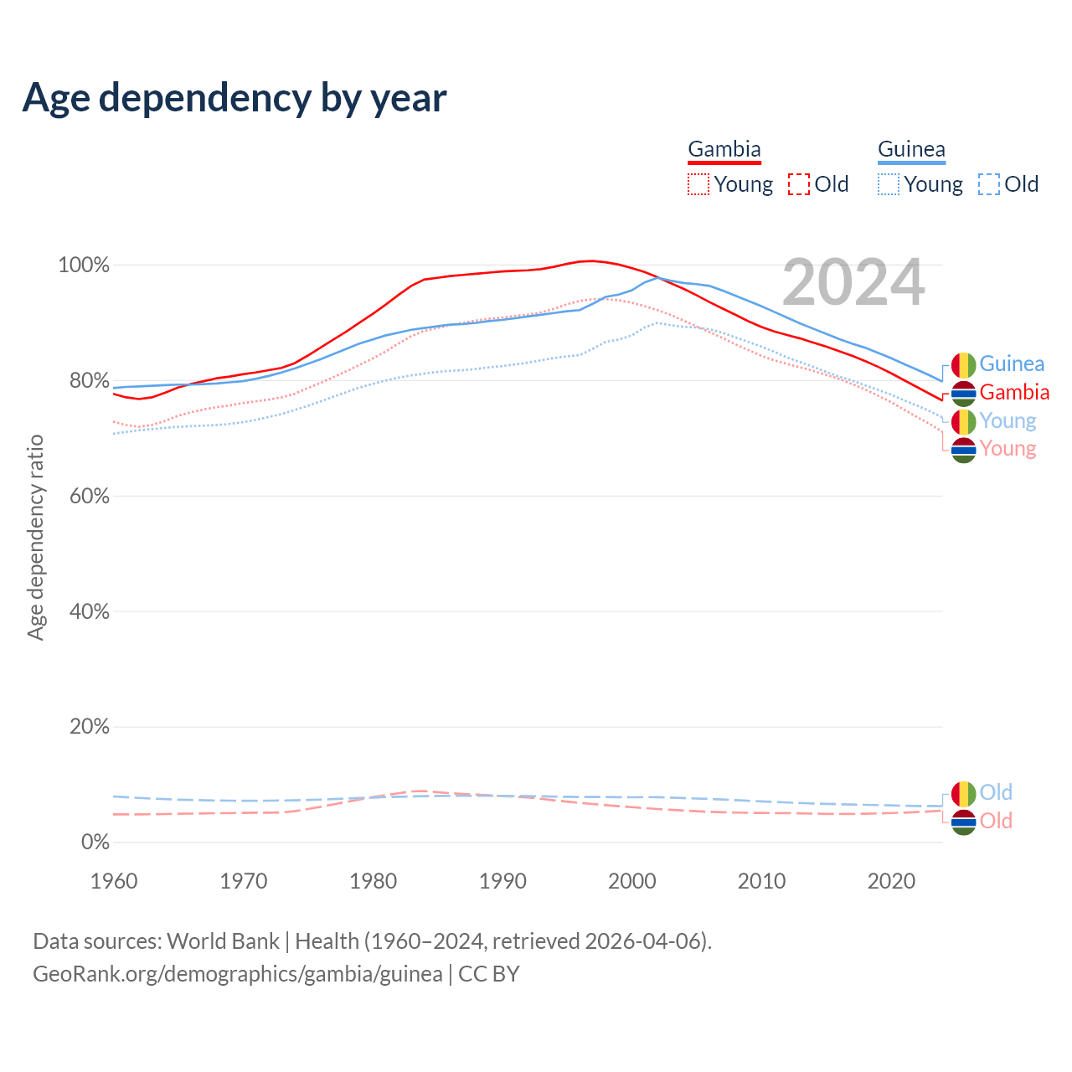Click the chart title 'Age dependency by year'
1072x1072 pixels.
234,97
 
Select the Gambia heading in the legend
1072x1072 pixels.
724,149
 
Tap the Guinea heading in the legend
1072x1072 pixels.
911,149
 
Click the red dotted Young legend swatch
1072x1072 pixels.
698,184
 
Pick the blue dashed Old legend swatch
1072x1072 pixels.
989,184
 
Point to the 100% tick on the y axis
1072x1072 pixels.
84,265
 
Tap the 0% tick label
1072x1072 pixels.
95,843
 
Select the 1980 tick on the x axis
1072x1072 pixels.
374,881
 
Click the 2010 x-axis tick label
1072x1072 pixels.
762,881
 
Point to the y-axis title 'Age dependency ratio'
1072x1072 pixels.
35,537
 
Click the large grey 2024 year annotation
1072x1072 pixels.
853,283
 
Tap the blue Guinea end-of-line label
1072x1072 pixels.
1012,364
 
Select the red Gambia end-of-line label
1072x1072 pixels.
1014,392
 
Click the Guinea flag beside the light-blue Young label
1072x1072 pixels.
964,421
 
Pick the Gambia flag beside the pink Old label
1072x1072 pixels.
964,822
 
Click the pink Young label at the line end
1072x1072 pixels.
1008,449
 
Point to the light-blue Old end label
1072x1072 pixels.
996,792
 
